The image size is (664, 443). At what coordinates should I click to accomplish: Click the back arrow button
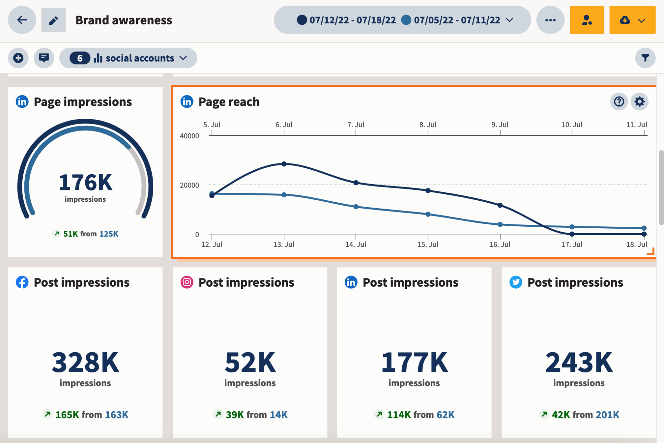coord(22,20)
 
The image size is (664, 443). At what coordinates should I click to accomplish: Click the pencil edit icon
coord(53,20)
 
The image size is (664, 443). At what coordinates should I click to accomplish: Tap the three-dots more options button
coord(550,20)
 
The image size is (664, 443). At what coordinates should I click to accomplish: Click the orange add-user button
coord(587,20)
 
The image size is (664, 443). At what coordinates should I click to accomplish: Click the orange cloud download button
coord(632,20)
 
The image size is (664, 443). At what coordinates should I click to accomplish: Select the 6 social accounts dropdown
coord(128,58)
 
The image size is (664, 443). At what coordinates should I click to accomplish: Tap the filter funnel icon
coord(645,58)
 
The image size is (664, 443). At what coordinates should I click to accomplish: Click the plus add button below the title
coord(18,58)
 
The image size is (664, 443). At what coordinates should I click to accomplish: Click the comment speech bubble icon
coord(44,58)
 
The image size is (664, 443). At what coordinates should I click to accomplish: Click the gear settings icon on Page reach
coord(639,102)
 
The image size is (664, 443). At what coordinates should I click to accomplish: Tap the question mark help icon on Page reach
coord(619,102)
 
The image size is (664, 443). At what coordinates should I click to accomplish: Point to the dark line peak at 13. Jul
coord(284,164)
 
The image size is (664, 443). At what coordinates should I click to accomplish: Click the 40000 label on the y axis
coord(189,136)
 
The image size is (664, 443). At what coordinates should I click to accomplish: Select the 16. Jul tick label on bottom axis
coord(500,244)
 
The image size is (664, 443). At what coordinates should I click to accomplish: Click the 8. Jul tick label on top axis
coord(428,125)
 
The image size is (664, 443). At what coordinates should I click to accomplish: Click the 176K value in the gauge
coord(85,183)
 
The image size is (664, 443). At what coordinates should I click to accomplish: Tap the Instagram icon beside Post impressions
coord(187,282)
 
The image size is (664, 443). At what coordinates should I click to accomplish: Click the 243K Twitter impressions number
coord(579,363)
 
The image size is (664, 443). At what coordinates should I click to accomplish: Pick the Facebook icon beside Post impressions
coord(22,282)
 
